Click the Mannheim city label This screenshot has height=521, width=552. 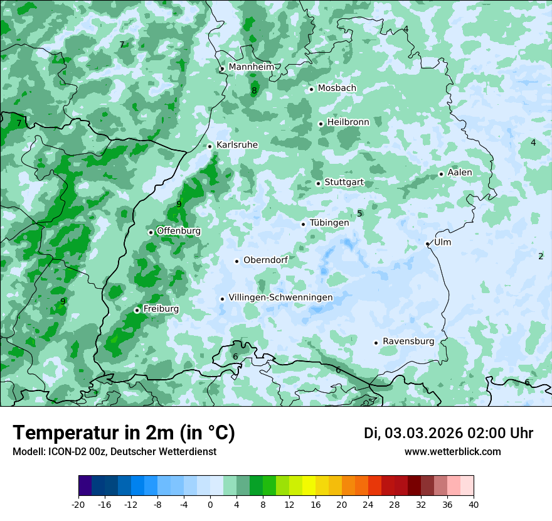[x=251, y=67]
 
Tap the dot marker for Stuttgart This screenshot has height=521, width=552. [x=318, y=183]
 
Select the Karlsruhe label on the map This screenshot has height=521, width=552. [x=237, y=145]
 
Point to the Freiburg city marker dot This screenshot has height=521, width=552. [x=137, y=310]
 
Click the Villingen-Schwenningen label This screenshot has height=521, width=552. [x=280, y=298]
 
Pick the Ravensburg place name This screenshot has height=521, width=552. [x=408, y=341]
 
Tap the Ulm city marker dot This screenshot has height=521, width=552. [x=427, y=244]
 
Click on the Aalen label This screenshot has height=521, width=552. [x=460, y=173]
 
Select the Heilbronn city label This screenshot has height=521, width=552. [x=348, y=122]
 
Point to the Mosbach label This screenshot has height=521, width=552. [x=337, y=89]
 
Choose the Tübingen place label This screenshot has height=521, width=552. [x=329, y=223]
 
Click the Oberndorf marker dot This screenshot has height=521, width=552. [x=236, y=261]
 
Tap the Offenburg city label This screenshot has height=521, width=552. [x=179, y=231]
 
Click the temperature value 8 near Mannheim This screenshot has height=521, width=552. [x=254, y=91]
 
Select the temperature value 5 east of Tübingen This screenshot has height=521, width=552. [x=359, y=213]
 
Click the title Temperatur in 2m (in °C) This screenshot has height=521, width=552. [x=124, y=433]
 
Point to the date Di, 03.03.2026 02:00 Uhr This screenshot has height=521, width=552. [x=449, y=433]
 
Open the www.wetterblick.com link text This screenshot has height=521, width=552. [x=453, y=452]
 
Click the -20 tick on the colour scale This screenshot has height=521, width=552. [x=78, y=505]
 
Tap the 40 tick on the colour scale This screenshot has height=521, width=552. [x=474, y=505]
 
